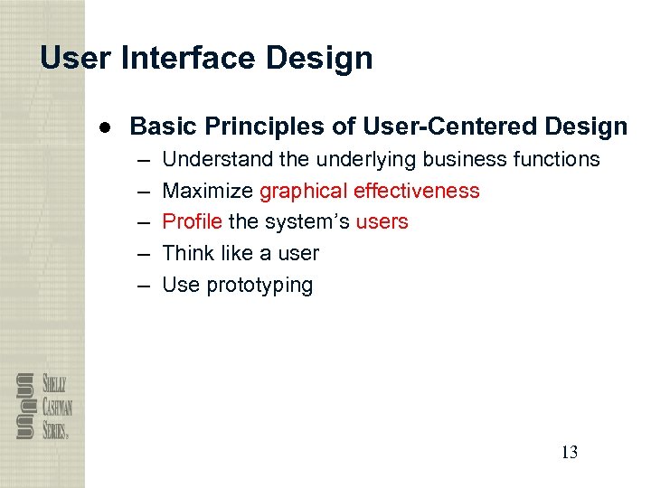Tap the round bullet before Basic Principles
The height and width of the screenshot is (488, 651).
pyautogui.click(x=106, y=127)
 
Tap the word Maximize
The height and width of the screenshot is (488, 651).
pyautogui.click(x=207, y=191)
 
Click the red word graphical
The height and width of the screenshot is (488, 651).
pyautogui.click(x=304, y=191)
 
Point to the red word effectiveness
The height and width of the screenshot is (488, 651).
pyautogui.click(x=417, y=191)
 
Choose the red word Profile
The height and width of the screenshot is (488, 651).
pyautogui.click(x=192, y=221)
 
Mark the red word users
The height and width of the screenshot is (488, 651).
pyautogui.click(x=382, y=221)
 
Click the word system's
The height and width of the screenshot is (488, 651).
pyautogui.click(x=308, y=221)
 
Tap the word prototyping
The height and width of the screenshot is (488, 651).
pyautogui.click(x=259, y=286)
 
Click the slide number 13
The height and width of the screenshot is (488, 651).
pyautogui.click(x=569, y=453)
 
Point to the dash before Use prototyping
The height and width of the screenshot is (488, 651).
pyautogui.click(x=143, y=286)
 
